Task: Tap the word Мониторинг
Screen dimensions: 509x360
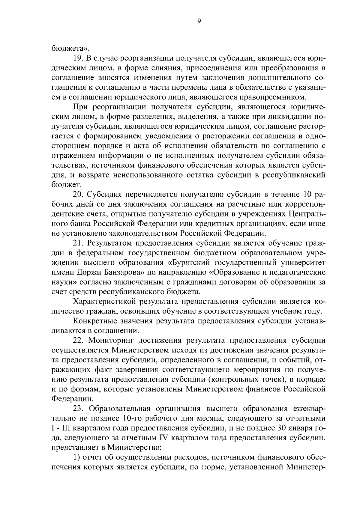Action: click(112, 340)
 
